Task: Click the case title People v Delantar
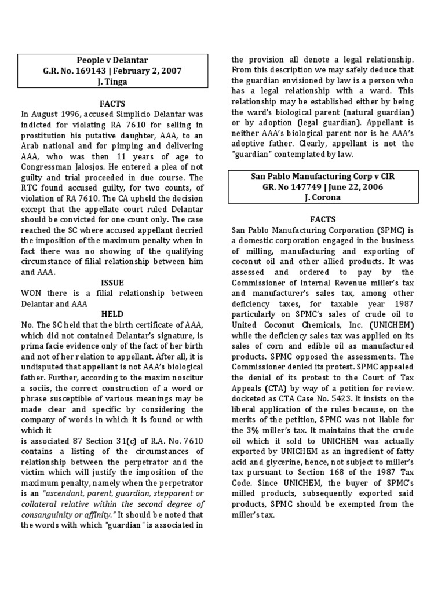(113, 60)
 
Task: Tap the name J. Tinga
(113, 82)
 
